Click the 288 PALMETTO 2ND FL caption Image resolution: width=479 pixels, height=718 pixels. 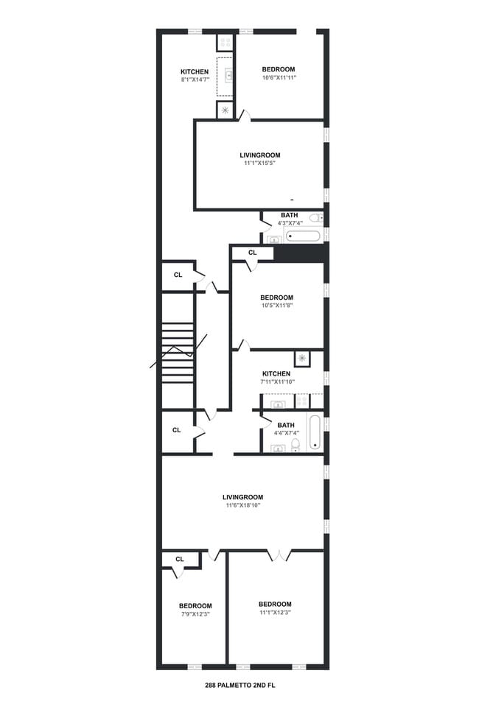click(239, 686)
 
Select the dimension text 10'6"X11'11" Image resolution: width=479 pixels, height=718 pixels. click(279, 77)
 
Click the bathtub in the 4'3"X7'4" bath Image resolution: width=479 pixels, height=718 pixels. click(302, 236)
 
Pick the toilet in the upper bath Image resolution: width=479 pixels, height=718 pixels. click(316, 217)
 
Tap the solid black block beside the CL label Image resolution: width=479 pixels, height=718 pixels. click(301, 253)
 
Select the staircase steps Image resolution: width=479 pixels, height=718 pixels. click(177, 353)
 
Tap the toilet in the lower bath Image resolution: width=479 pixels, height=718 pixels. click(296, 445)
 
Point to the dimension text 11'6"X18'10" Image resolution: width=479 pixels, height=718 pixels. click(243, 505)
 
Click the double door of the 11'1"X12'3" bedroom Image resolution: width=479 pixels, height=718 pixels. click(279, 555)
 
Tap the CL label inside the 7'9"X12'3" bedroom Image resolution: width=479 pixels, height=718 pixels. click(180, 559)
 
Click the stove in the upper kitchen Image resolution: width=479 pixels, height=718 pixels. click(225, 43)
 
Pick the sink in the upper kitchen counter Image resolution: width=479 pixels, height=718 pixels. click(228, 74)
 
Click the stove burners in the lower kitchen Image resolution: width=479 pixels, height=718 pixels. click(301, 401)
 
